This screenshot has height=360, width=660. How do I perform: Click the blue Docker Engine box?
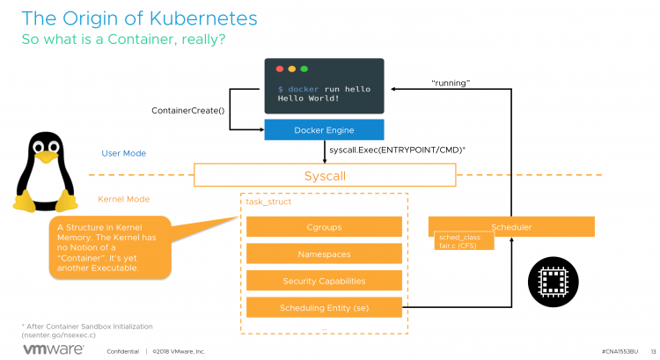point(325,129)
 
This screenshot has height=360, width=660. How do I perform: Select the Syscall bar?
point(325,176)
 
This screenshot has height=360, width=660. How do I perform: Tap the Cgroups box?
point(324,228)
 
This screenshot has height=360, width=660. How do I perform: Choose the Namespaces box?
point(324,254)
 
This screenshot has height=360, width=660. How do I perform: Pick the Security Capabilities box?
point(324,281)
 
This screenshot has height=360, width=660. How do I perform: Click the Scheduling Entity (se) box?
point(324,308)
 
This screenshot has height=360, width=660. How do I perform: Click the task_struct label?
point(268,202)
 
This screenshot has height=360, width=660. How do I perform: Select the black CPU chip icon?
point(553,281)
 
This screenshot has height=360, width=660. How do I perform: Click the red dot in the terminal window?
point(280,68)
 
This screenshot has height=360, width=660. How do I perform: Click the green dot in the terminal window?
point(304,68)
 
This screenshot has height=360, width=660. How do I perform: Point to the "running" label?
point(450,83)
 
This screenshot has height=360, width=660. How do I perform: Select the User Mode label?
point(123,153)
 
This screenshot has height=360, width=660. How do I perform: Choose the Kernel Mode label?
point(124,199)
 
